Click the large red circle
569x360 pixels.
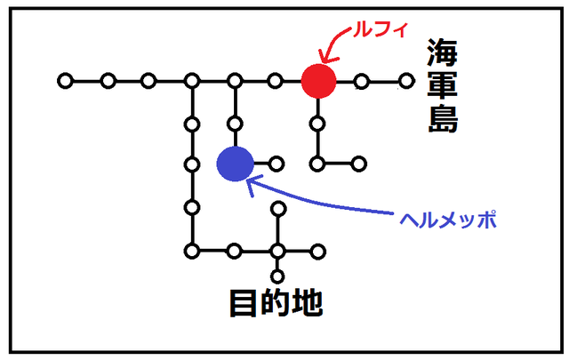click(x=317, y=81)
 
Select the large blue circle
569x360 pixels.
click(x=236, y=163)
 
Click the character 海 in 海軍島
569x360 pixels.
click(x=441, y=52)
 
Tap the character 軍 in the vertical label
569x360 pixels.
click(x=441, y=86)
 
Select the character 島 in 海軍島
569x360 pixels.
click(x=441, y=118)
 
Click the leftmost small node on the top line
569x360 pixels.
click(x=65, y=81)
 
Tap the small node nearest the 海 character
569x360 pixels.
click(x=406, y=81)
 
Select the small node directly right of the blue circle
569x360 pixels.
click(x=276, y=164)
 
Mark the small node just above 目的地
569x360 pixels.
click(x=277, y=274)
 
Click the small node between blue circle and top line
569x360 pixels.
click(x=235, y=123)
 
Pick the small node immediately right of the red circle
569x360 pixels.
click(x=361, y=82)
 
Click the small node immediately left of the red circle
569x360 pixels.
click(x=276, y=81)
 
